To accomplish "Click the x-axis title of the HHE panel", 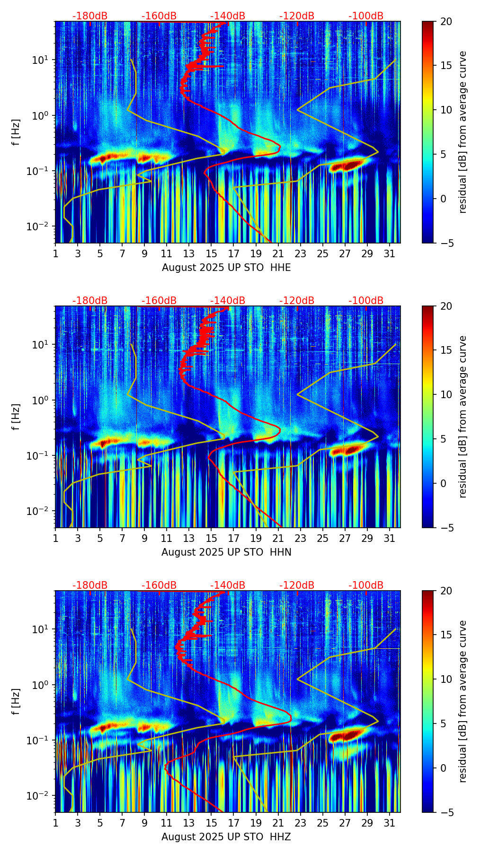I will coord(226,268).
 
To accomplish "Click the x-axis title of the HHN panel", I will coord(226,552).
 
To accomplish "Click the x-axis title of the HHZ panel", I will coord(226,837).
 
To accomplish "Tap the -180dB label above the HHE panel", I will coord(90,16).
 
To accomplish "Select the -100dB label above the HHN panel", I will coord(366,301).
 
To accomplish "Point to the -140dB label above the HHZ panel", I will coord(228,585).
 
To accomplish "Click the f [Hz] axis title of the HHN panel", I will coord(16,417).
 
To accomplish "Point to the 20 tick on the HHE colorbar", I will coord(445,21).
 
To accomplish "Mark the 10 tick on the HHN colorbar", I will coord(445,394).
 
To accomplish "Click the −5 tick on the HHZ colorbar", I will coord(445,812).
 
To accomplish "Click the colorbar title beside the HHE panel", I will coord(462,132).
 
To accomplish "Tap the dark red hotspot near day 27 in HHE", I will coord(348,166).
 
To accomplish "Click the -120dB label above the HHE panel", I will coord(297,16).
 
